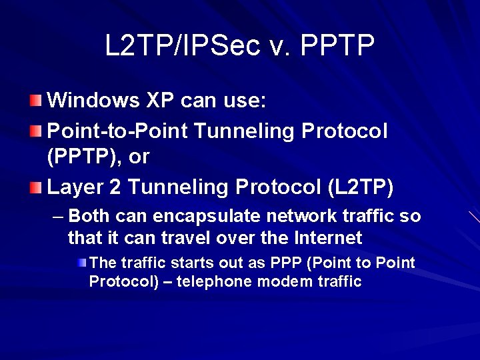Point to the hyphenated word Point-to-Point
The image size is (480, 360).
[x=117, y=131]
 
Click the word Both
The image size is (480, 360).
[x=89, y=217]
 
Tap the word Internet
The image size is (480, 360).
[x=327, y=238]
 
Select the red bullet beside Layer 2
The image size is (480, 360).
[x=35, y=188]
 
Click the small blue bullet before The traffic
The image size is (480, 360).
[x=81, y=263]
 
